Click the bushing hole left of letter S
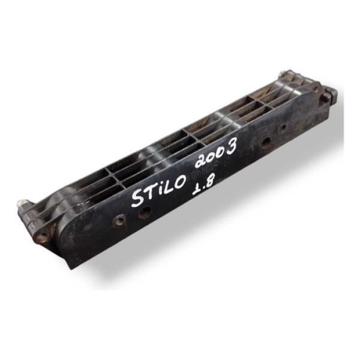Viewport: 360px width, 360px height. [119, 221]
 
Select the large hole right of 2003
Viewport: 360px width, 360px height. [265, 143]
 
